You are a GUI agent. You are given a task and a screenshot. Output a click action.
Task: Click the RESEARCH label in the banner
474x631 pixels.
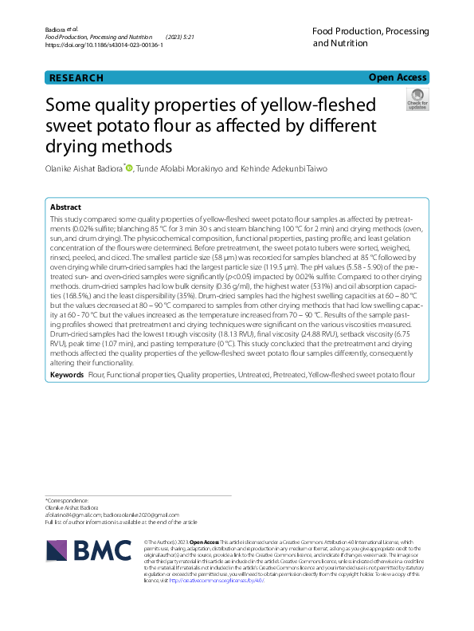pyautogui.click(x=76, y=77)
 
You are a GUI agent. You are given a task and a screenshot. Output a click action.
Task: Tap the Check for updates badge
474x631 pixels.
pyautogui.click(x=417, y=100)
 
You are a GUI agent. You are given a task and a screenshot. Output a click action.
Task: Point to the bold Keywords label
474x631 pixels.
pyautogui.click(x=67, y=374)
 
